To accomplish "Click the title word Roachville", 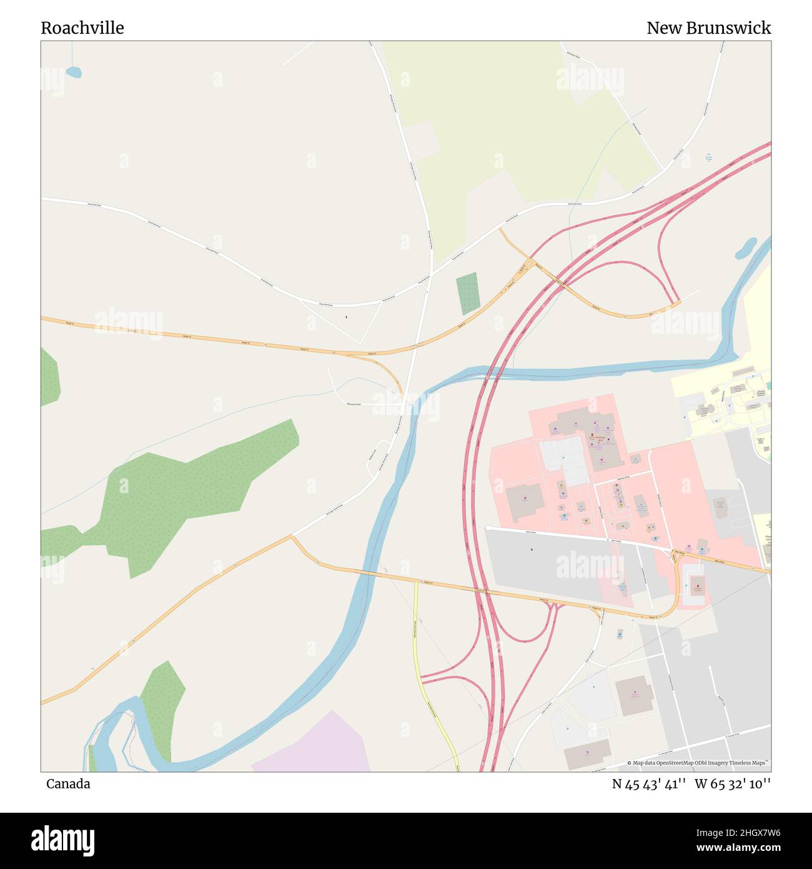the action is pyautogui.click(x=82, y=28).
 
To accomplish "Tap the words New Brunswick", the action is pyautogui.click(x=708, y=28).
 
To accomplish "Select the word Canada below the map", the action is pyautogui.click(x=67, y=784).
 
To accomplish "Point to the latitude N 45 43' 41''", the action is pyautogui.click(x=649, y=784).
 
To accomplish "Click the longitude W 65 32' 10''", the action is pyautogui.click(x=732, y=784).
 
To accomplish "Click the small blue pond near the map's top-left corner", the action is pyautogui.click(x=74, y=73).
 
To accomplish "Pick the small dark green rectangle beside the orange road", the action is pyautogui.click(x=468, y=293).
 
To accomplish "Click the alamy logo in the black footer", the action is pyautogui.click(x=62, y=839).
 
